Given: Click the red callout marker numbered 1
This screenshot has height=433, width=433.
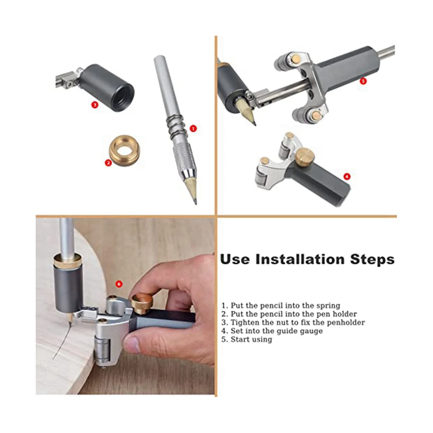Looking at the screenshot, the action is point(193,128).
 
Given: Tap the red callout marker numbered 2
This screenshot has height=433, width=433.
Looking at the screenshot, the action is point(108,163).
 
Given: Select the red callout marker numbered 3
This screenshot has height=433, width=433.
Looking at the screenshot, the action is point(95,105).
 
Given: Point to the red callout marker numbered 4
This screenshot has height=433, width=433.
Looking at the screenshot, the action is point(347,176).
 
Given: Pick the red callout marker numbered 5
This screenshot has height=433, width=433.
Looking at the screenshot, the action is point(363,81).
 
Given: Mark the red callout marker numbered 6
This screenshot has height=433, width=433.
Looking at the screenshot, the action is point(119,284).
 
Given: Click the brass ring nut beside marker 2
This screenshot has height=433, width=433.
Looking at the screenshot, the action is point(124,148).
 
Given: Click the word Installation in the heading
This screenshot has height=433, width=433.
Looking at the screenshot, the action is point(300,259).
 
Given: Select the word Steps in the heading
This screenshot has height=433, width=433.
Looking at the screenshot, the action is point(372,260).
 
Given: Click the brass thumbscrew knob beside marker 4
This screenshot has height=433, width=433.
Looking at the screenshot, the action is point(305,157).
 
